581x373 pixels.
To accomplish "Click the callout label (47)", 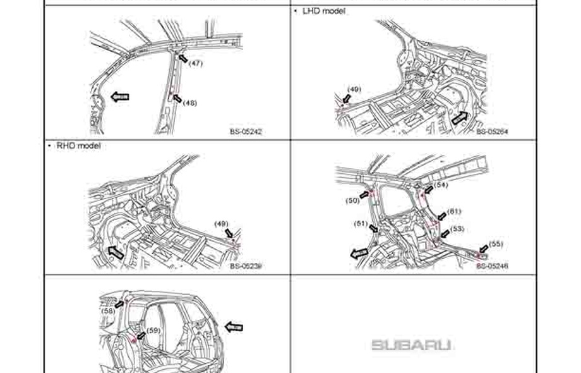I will [x=196, y=64].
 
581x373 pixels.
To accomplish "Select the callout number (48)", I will [x=189, y=103].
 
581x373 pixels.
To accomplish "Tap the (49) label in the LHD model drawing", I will [x=354, y=89].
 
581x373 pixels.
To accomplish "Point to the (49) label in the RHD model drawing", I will [x=221, y=224].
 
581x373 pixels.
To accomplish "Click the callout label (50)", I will [x=352, y=200].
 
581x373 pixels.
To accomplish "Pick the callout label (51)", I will [x=361, y=223].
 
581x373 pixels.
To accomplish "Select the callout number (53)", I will [x=457, y=229].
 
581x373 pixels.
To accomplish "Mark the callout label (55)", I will [x=496, y=244].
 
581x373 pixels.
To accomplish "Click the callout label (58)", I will [x=108, y=311].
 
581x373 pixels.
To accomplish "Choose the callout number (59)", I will [x=153, y=331].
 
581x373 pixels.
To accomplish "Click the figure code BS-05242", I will [x=246, y=132].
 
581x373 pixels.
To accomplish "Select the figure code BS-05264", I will [x=492, y=132].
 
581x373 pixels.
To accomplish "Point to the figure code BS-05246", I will [x=492, y=266].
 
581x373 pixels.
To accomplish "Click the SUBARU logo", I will [x=411, y=345].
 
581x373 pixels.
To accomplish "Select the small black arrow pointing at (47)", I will [x=183, y=58].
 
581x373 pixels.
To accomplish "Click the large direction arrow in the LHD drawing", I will [x=460, y=118].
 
